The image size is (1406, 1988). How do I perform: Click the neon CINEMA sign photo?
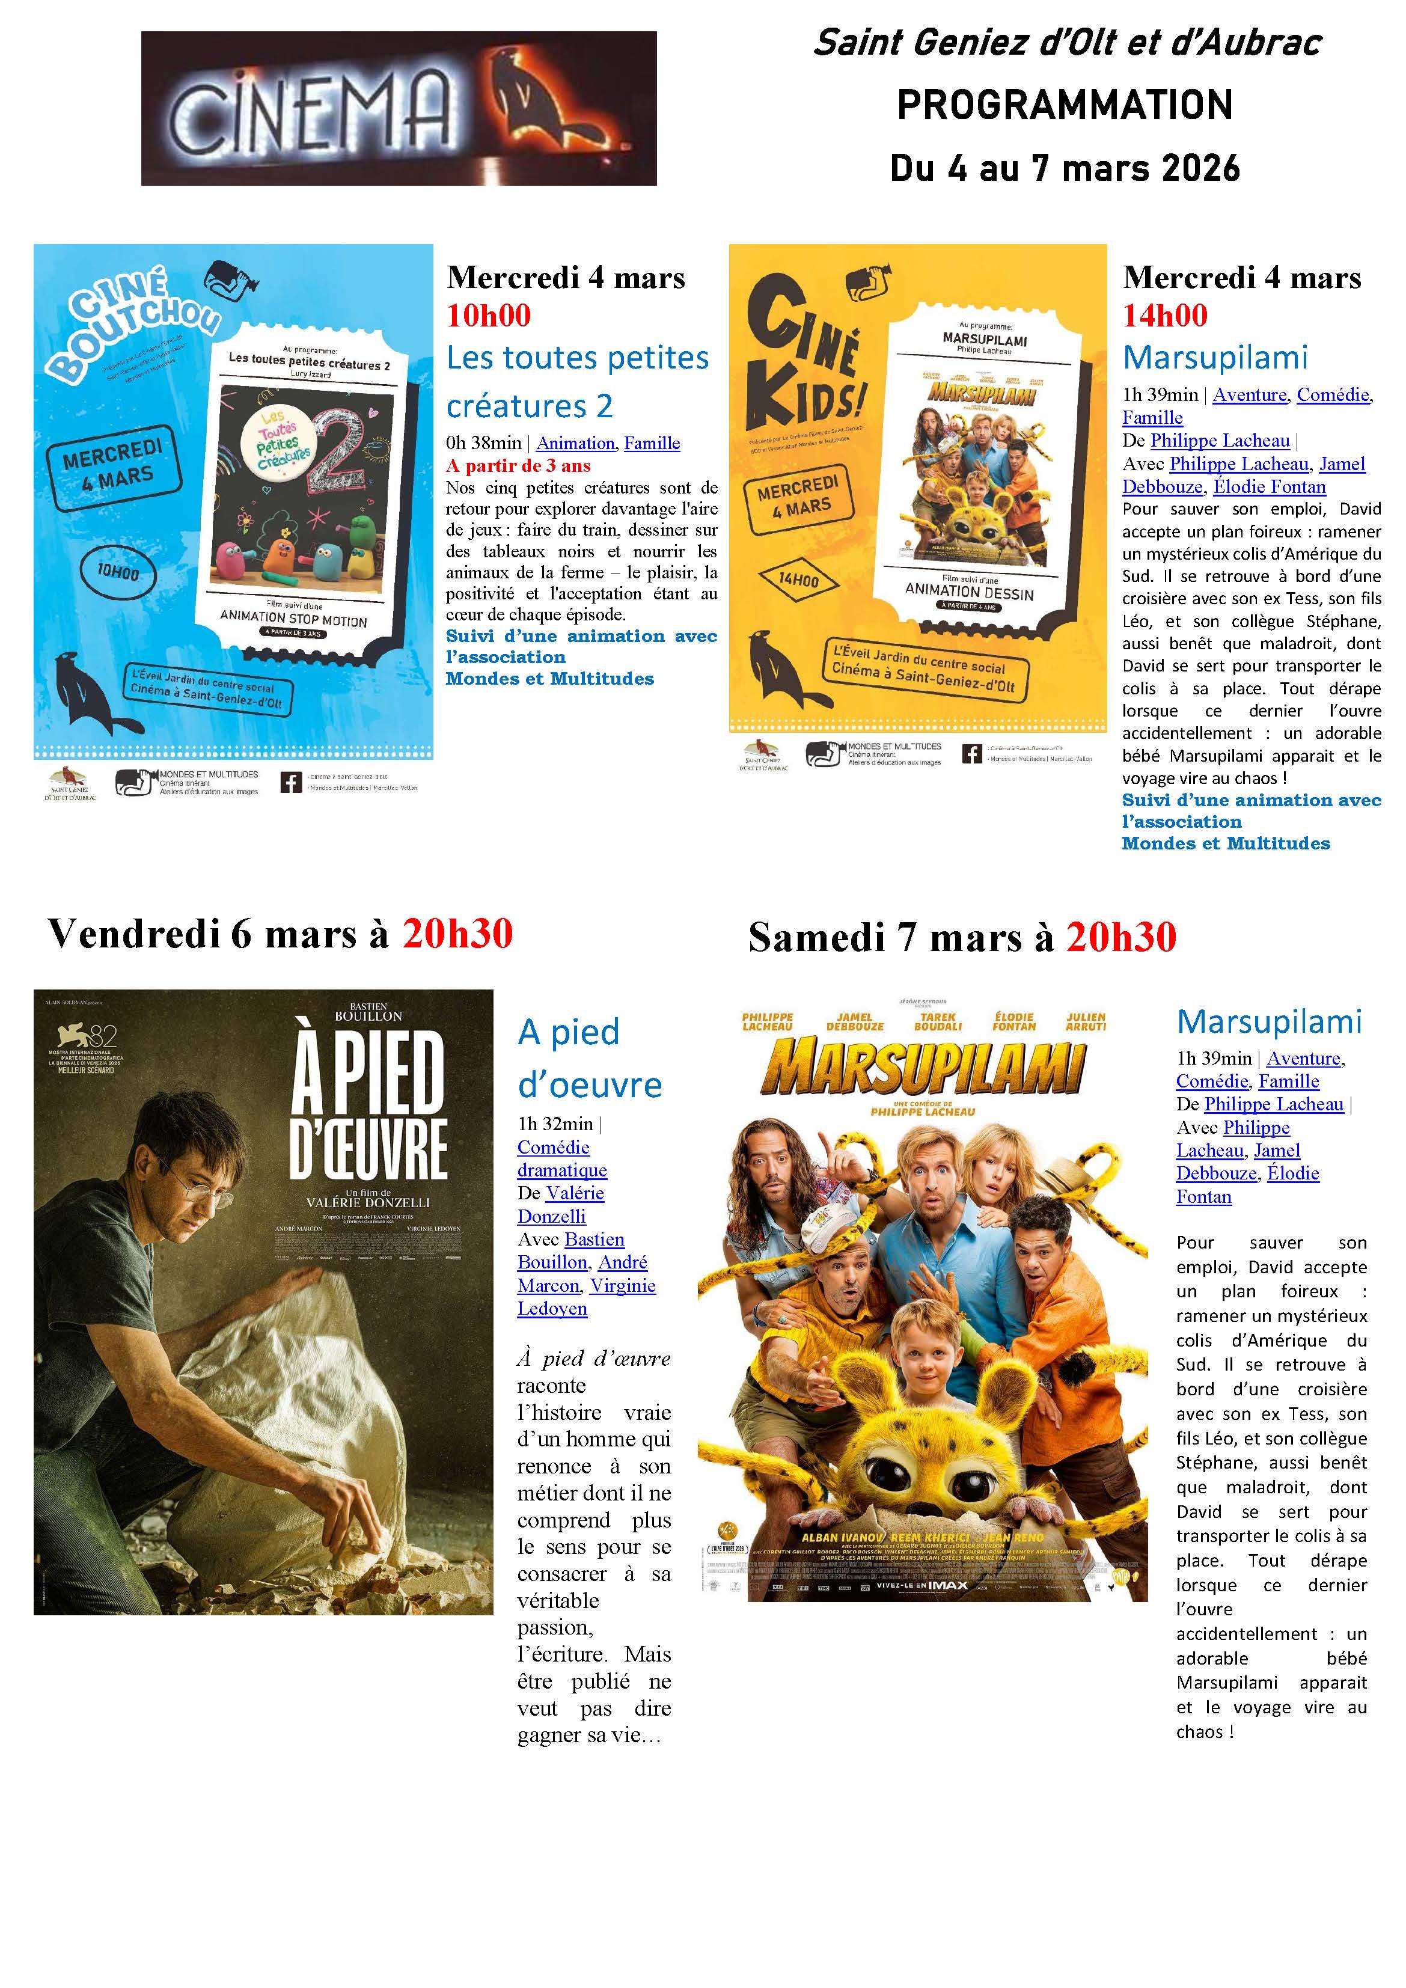pos(399,108)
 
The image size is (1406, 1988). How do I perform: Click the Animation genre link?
pos(575,443)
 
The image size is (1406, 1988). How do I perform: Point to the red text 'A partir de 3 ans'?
pos(518,466)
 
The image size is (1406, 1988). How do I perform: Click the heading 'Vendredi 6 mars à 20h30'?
pos(280,934)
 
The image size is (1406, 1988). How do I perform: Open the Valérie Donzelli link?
pos(560,1205)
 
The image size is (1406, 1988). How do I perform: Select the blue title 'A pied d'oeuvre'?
pos(588,1058)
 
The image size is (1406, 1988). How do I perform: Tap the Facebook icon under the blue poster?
pos(291,783)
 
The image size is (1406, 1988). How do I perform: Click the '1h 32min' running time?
pos(555,1125)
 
